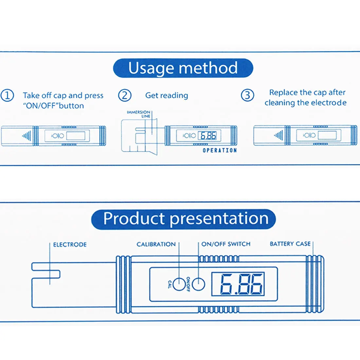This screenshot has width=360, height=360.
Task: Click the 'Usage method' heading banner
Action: (x=183, y=68)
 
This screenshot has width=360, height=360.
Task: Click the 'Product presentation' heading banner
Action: (x=183, y=219)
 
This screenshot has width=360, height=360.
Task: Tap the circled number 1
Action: (x=7, y=96)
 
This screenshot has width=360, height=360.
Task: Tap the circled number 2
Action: (x=124, y=96)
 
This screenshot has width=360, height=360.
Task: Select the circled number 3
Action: (x=247, y=95)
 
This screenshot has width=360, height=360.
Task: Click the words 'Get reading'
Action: (x=167, y=95)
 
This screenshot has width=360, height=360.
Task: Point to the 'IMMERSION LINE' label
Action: (x=139, y=114)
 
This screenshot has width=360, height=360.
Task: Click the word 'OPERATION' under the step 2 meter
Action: (x=220, y=151)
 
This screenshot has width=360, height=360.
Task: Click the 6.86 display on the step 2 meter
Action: (x=208, y=135)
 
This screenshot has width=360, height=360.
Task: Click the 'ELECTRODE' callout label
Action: (x=70, y=244)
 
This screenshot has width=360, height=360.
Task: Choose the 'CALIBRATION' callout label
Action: (x=156, y=244)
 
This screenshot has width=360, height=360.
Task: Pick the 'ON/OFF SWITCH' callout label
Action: (x=226, y=244)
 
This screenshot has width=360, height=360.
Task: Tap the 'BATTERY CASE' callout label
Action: (x=290, y=244)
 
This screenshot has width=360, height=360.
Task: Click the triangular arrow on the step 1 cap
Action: (x=27, y=136)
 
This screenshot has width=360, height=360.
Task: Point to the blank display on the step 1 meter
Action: (x=76, y=135)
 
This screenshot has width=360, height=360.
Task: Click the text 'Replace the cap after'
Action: (x=307, y=93)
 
